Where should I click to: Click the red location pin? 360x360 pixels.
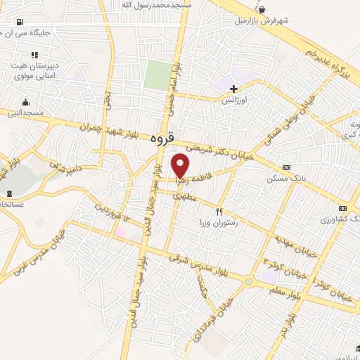(181, 166)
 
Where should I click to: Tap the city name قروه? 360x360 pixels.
(162, 139)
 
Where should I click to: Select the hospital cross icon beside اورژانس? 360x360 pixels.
(233, 89)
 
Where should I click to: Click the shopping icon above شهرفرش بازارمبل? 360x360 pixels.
(262, 10)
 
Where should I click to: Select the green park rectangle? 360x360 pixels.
(158, 75)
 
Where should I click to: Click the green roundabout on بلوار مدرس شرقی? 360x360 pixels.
(248, 282)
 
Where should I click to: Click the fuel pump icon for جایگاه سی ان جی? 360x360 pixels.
(18, 21)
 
